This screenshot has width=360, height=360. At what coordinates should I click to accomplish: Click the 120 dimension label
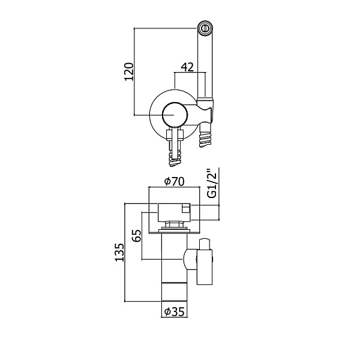tap(129, 71)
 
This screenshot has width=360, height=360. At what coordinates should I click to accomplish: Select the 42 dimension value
tap(188, 67)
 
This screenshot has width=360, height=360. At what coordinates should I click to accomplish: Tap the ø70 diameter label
tap(174, 182)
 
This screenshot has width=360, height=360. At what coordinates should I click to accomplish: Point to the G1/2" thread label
tap(212, 184)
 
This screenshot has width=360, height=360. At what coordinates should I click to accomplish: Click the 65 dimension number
tap(137, 235)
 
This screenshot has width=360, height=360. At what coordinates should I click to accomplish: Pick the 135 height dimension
tap(119, 252)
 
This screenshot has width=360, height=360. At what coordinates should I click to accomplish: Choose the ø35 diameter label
tap(175, 311)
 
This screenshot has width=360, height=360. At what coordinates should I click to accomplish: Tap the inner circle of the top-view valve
tap(175, 115)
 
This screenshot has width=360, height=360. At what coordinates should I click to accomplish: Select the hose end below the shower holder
tap(205, 136)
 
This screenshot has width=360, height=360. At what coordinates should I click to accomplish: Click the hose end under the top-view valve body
tap(175, 157)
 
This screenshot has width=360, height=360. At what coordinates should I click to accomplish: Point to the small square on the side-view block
tap(186, 209)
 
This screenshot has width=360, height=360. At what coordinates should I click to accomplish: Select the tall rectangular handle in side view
tap(205, 267)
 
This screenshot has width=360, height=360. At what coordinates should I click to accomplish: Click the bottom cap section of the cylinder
tap(174, 292)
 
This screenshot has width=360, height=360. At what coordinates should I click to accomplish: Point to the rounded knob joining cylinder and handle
tap(190, 260)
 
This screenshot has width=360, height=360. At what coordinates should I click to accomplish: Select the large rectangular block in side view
tap(174, 213)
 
